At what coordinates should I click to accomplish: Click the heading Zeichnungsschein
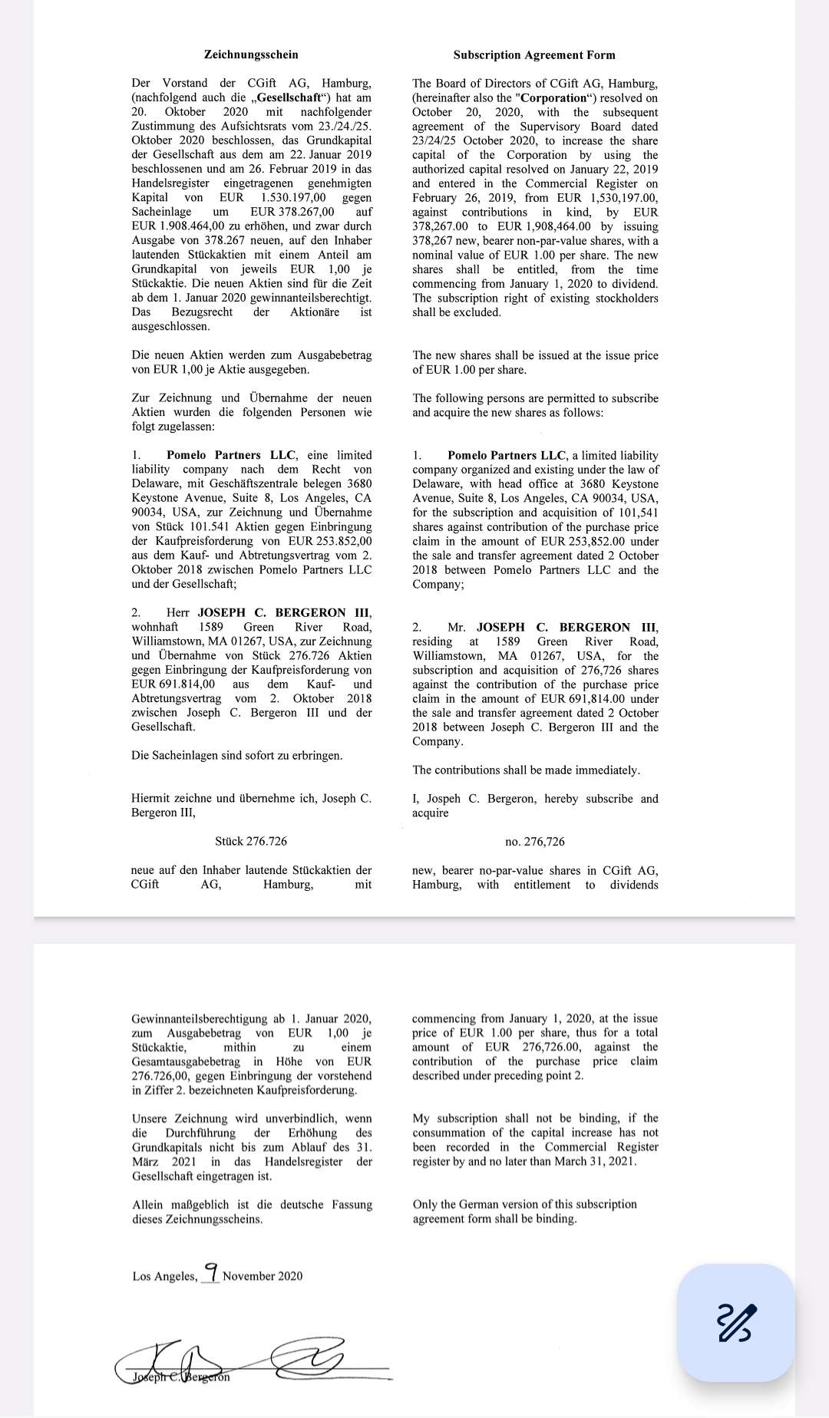251,54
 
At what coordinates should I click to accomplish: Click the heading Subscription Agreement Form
534,54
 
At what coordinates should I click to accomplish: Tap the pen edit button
735,1323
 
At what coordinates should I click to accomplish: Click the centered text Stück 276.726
251,841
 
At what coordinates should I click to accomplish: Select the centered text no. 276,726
535,842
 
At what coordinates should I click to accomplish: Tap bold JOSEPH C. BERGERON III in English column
566,627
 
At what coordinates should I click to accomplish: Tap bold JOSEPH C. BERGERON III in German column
284,612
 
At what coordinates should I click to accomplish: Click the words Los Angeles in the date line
163,1276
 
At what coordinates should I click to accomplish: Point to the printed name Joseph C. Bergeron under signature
181,1377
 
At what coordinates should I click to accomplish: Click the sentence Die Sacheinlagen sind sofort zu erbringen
237,755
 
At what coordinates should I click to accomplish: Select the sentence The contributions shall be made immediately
526,770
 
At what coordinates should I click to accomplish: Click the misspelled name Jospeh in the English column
444,799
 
